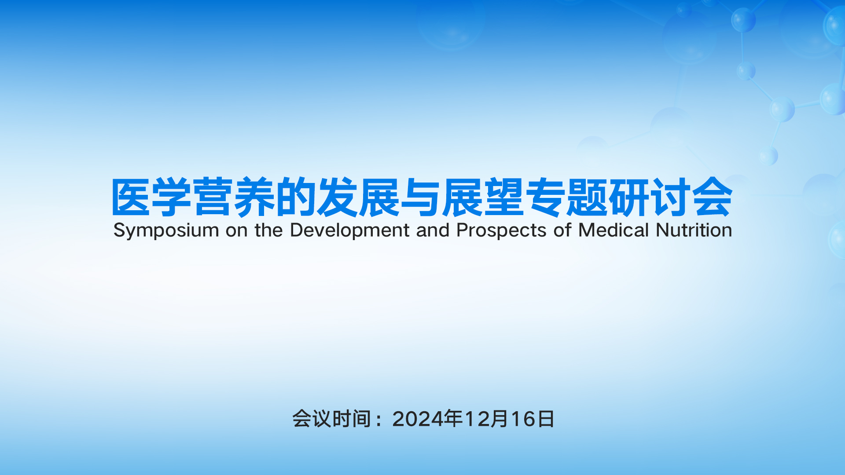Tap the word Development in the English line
point(350,230)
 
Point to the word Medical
point(614,230)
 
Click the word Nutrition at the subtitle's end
point(694,230)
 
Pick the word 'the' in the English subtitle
point(268,230)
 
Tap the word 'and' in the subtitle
point(433,230)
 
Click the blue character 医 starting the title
point(132,197)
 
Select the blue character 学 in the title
point(173,197)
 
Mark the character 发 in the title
point(338,197)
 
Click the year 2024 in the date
point(418,419)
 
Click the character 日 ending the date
point(546,419)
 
